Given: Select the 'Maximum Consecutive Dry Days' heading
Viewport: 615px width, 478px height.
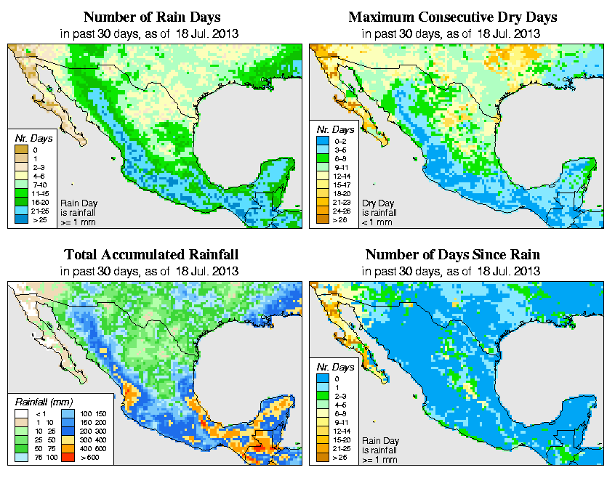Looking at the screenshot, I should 452,17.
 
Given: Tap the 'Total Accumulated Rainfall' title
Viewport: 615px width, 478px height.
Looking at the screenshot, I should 151,254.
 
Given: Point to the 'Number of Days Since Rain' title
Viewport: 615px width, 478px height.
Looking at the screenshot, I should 452,254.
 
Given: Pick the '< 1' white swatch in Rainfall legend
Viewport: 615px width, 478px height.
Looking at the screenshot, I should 22,414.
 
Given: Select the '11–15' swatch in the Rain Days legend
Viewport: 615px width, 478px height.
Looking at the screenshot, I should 22,193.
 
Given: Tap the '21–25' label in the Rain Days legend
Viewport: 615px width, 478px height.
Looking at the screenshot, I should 40,211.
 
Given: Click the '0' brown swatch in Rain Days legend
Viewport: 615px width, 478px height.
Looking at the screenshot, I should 22,150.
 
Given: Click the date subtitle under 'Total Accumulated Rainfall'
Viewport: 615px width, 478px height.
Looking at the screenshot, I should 151,271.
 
